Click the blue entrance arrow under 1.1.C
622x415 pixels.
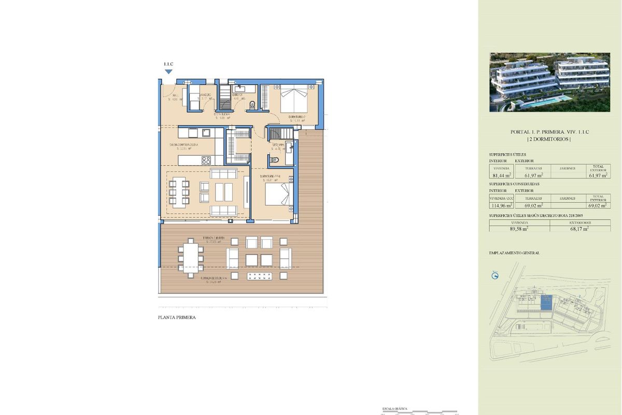tap(168, 72)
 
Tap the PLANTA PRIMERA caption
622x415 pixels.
tap(177, 317)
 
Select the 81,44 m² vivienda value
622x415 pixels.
tap(501, 175)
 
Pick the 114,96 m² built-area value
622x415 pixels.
tap(501, 205)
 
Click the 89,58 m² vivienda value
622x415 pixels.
tap(519, 228)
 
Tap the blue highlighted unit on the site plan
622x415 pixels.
tap(546, 303)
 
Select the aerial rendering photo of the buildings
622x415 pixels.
tap(549, 82)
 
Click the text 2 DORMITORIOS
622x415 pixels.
tap(549, 140)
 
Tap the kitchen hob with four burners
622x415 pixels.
tap(206, 160)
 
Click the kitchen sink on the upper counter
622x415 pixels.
tap(206, 132)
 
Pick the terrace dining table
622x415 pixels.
tap(191, 257)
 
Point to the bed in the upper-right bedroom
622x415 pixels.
tap(293, 99)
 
